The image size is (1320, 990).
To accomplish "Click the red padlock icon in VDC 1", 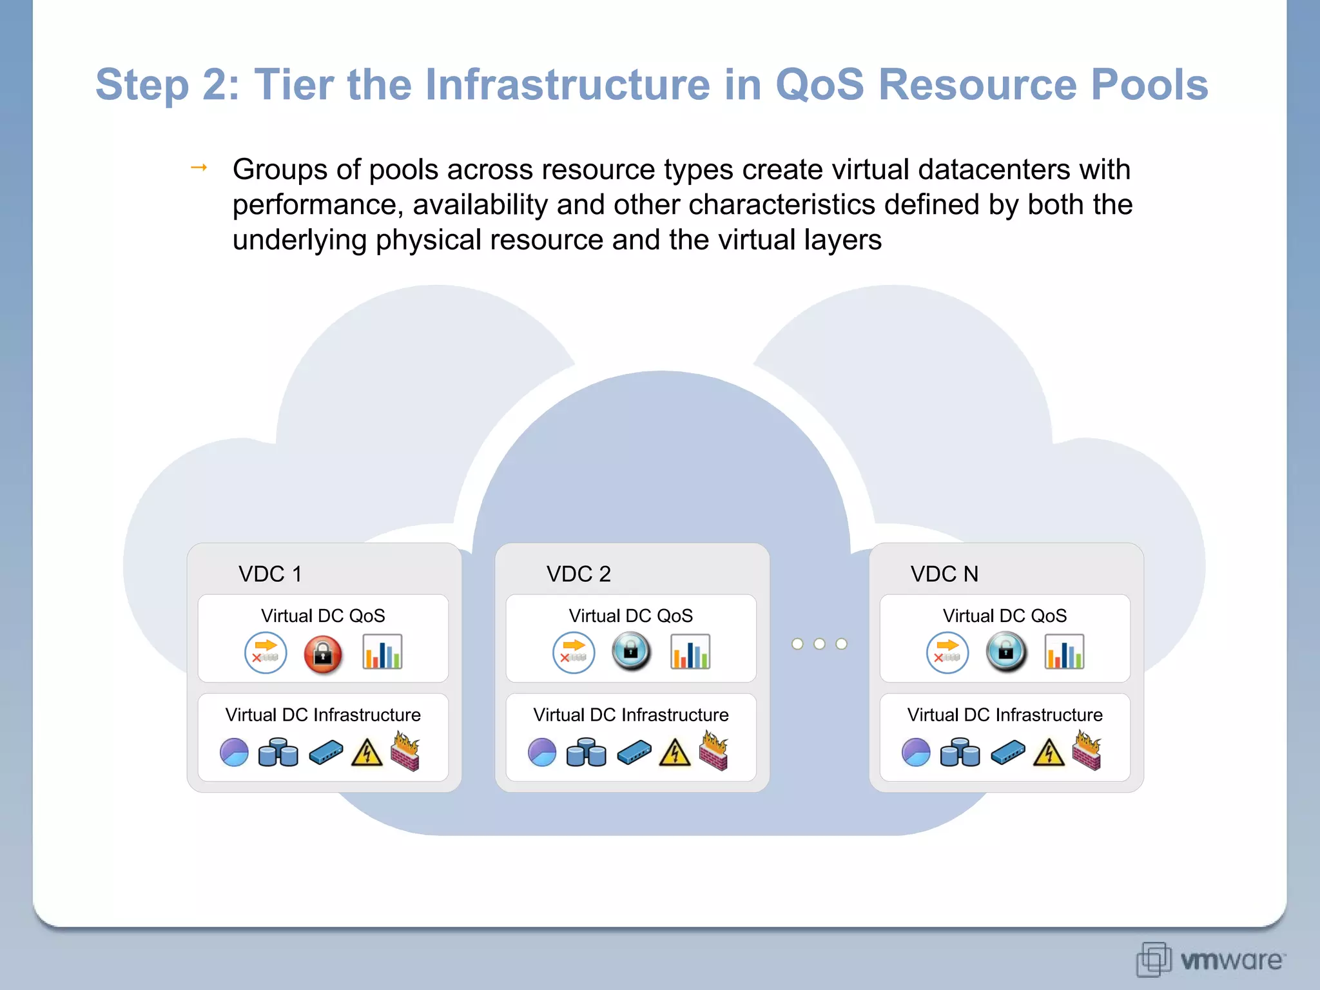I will (323, 654).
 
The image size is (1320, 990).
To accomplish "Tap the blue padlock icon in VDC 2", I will (631, 652).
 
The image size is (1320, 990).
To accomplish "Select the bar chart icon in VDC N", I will (1064, 652).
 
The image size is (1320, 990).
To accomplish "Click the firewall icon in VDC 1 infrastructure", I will (405, 751).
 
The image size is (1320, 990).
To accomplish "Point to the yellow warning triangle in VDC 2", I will (675, 752).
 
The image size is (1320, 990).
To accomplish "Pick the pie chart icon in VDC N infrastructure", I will (916, 752).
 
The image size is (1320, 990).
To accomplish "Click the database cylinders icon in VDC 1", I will (278, 752).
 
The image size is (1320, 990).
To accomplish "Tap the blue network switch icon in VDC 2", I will (634, 752).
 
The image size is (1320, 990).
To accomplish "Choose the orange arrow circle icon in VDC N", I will (947, 652).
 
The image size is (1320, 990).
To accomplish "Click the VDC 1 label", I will (270, 574).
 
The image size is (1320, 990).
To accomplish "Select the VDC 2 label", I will (578, 574).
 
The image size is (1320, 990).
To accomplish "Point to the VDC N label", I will (944, 574).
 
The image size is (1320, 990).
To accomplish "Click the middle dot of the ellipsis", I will (819, 644).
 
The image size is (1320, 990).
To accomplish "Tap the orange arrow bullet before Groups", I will (199, 168).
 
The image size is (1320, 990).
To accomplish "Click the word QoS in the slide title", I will (819, 84).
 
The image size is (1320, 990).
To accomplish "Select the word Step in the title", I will (142, 84).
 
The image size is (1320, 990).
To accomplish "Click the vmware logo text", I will (1231, 960).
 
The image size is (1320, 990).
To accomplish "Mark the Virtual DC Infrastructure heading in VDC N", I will (1004, 715).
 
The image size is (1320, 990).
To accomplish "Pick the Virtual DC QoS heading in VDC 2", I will (630, 616).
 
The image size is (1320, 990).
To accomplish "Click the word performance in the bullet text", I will (317, 205).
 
